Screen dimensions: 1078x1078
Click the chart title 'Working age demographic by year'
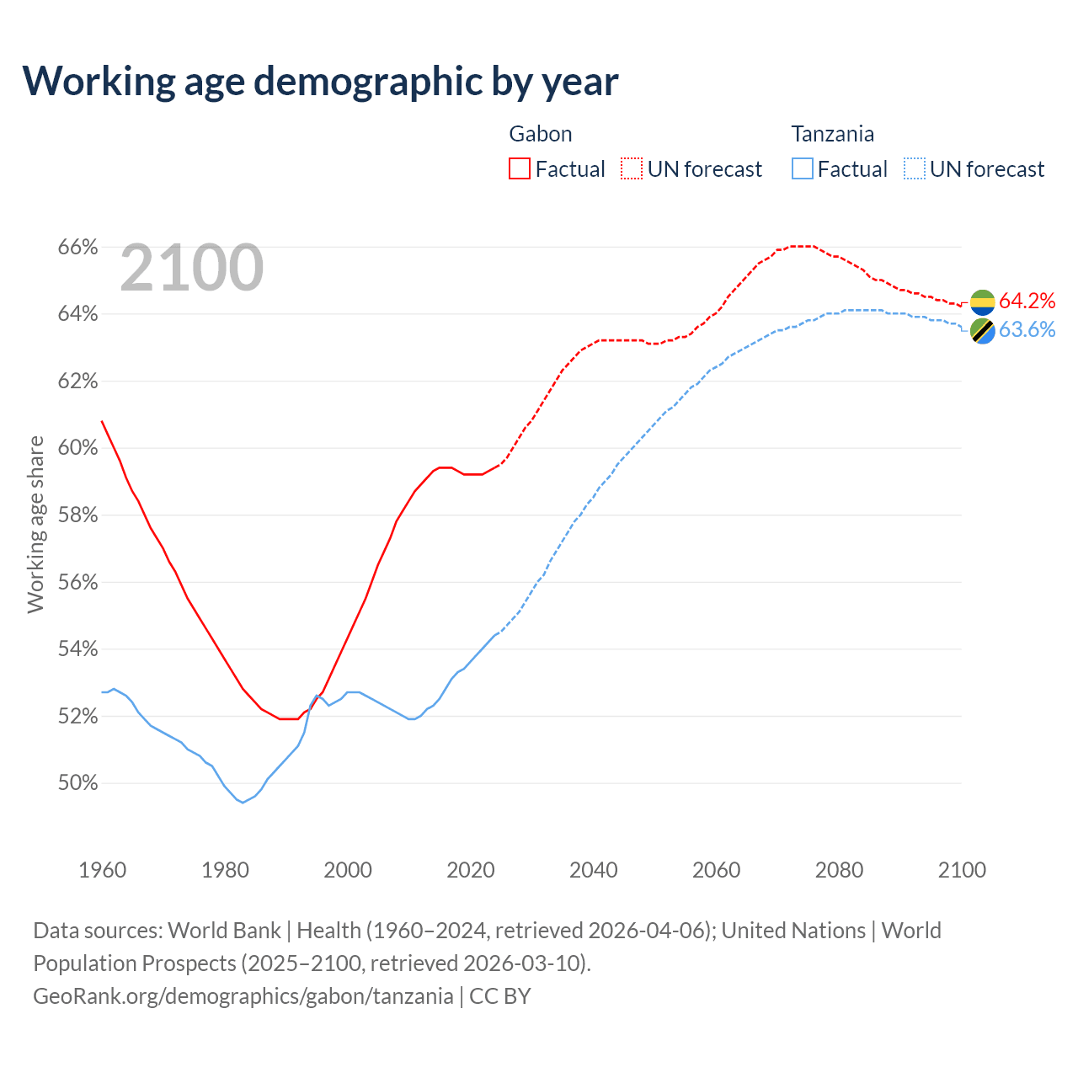[320, 81]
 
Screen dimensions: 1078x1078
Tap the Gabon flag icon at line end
[982, 302]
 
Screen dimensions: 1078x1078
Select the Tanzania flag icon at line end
[982, 331]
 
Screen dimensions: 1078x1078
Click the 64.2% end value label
[1027, 302]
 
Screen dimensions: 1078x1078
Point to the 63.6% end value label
[1027, 330]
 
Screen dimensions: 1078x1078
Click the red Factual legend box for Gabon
[520, 169]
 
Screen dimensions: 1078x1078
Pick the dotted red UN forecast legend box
[632, 169]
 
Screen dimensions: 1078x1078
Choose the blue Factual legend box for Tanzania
[803, 169]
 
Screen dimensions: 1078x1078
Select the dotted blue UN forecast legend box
[915, 169]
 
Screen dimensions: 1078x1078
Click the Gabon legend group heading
[541, 134]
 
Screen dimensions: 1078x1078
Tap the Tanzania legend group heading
[832, 134]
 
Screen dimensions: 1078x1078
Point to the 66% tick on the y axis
[77, 248]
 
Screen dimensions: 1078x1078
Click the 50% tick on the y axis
[77, 783]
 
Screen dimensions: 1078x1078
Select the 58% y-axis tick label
[77, 515]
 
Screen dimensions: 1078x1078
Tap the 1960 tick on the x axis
[103, 870]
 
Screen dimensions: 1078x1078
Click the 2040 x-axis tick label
[594, 870]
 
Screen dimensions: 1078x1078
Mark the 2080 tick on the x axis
[839, 870]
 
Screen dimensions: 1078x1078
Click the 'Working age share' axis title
[36, 524]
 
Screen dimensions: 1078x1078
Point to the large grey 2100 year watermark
[192, 268]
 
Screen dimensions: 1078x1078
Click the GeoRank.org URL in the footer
[243, 996]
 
